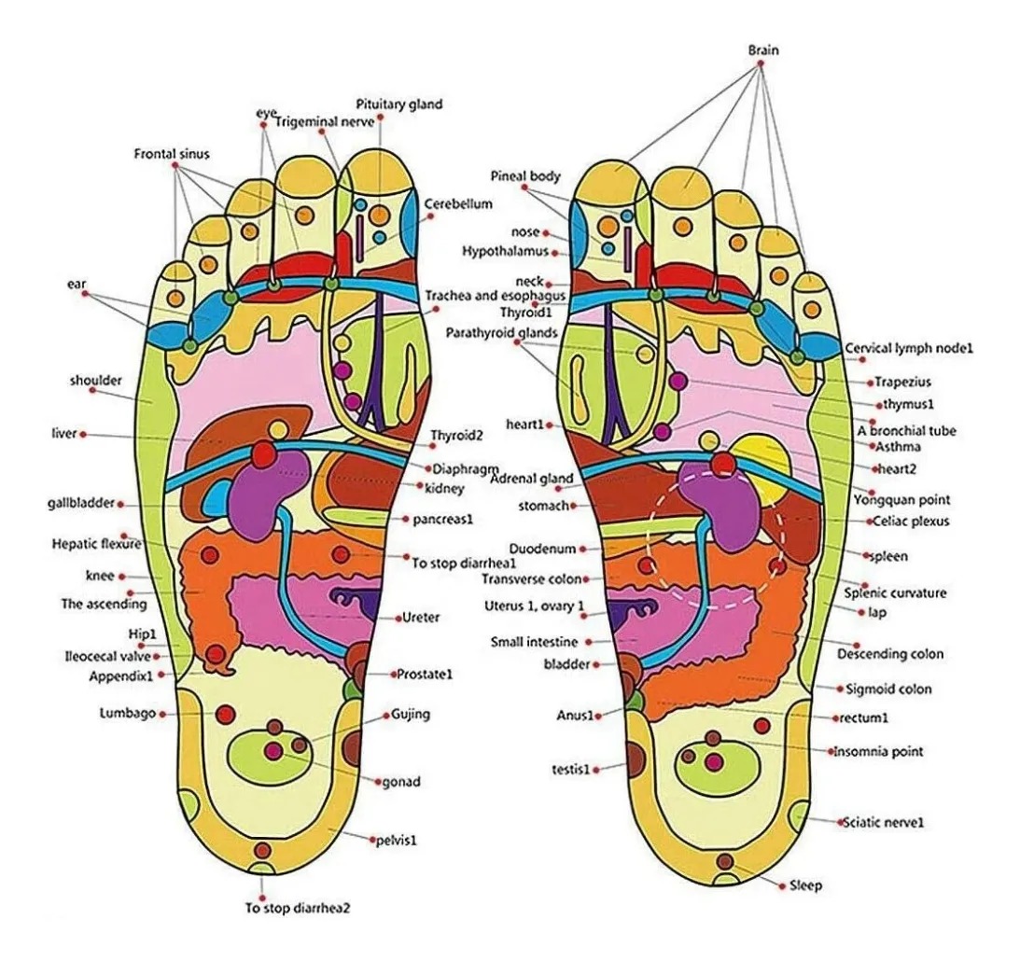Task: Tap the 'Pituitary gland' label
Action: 398,104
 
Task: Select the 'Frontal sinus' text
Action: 172,153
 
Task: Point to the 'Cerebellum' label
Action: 458,203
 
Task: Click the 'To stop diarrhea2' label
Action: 298,906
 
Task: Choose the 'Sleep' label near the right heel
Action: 805,884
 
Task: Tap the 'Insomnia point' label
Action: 878,751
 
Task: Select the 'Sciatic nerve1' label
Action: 883,822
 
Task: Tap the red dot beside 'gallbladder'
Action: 122,504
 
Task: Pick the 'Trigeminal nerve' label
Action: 324,121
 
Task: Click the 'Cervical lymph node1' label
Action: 908,348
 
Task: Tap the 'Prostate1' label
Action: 424,673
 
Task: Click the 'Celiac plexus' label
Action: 908,522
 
